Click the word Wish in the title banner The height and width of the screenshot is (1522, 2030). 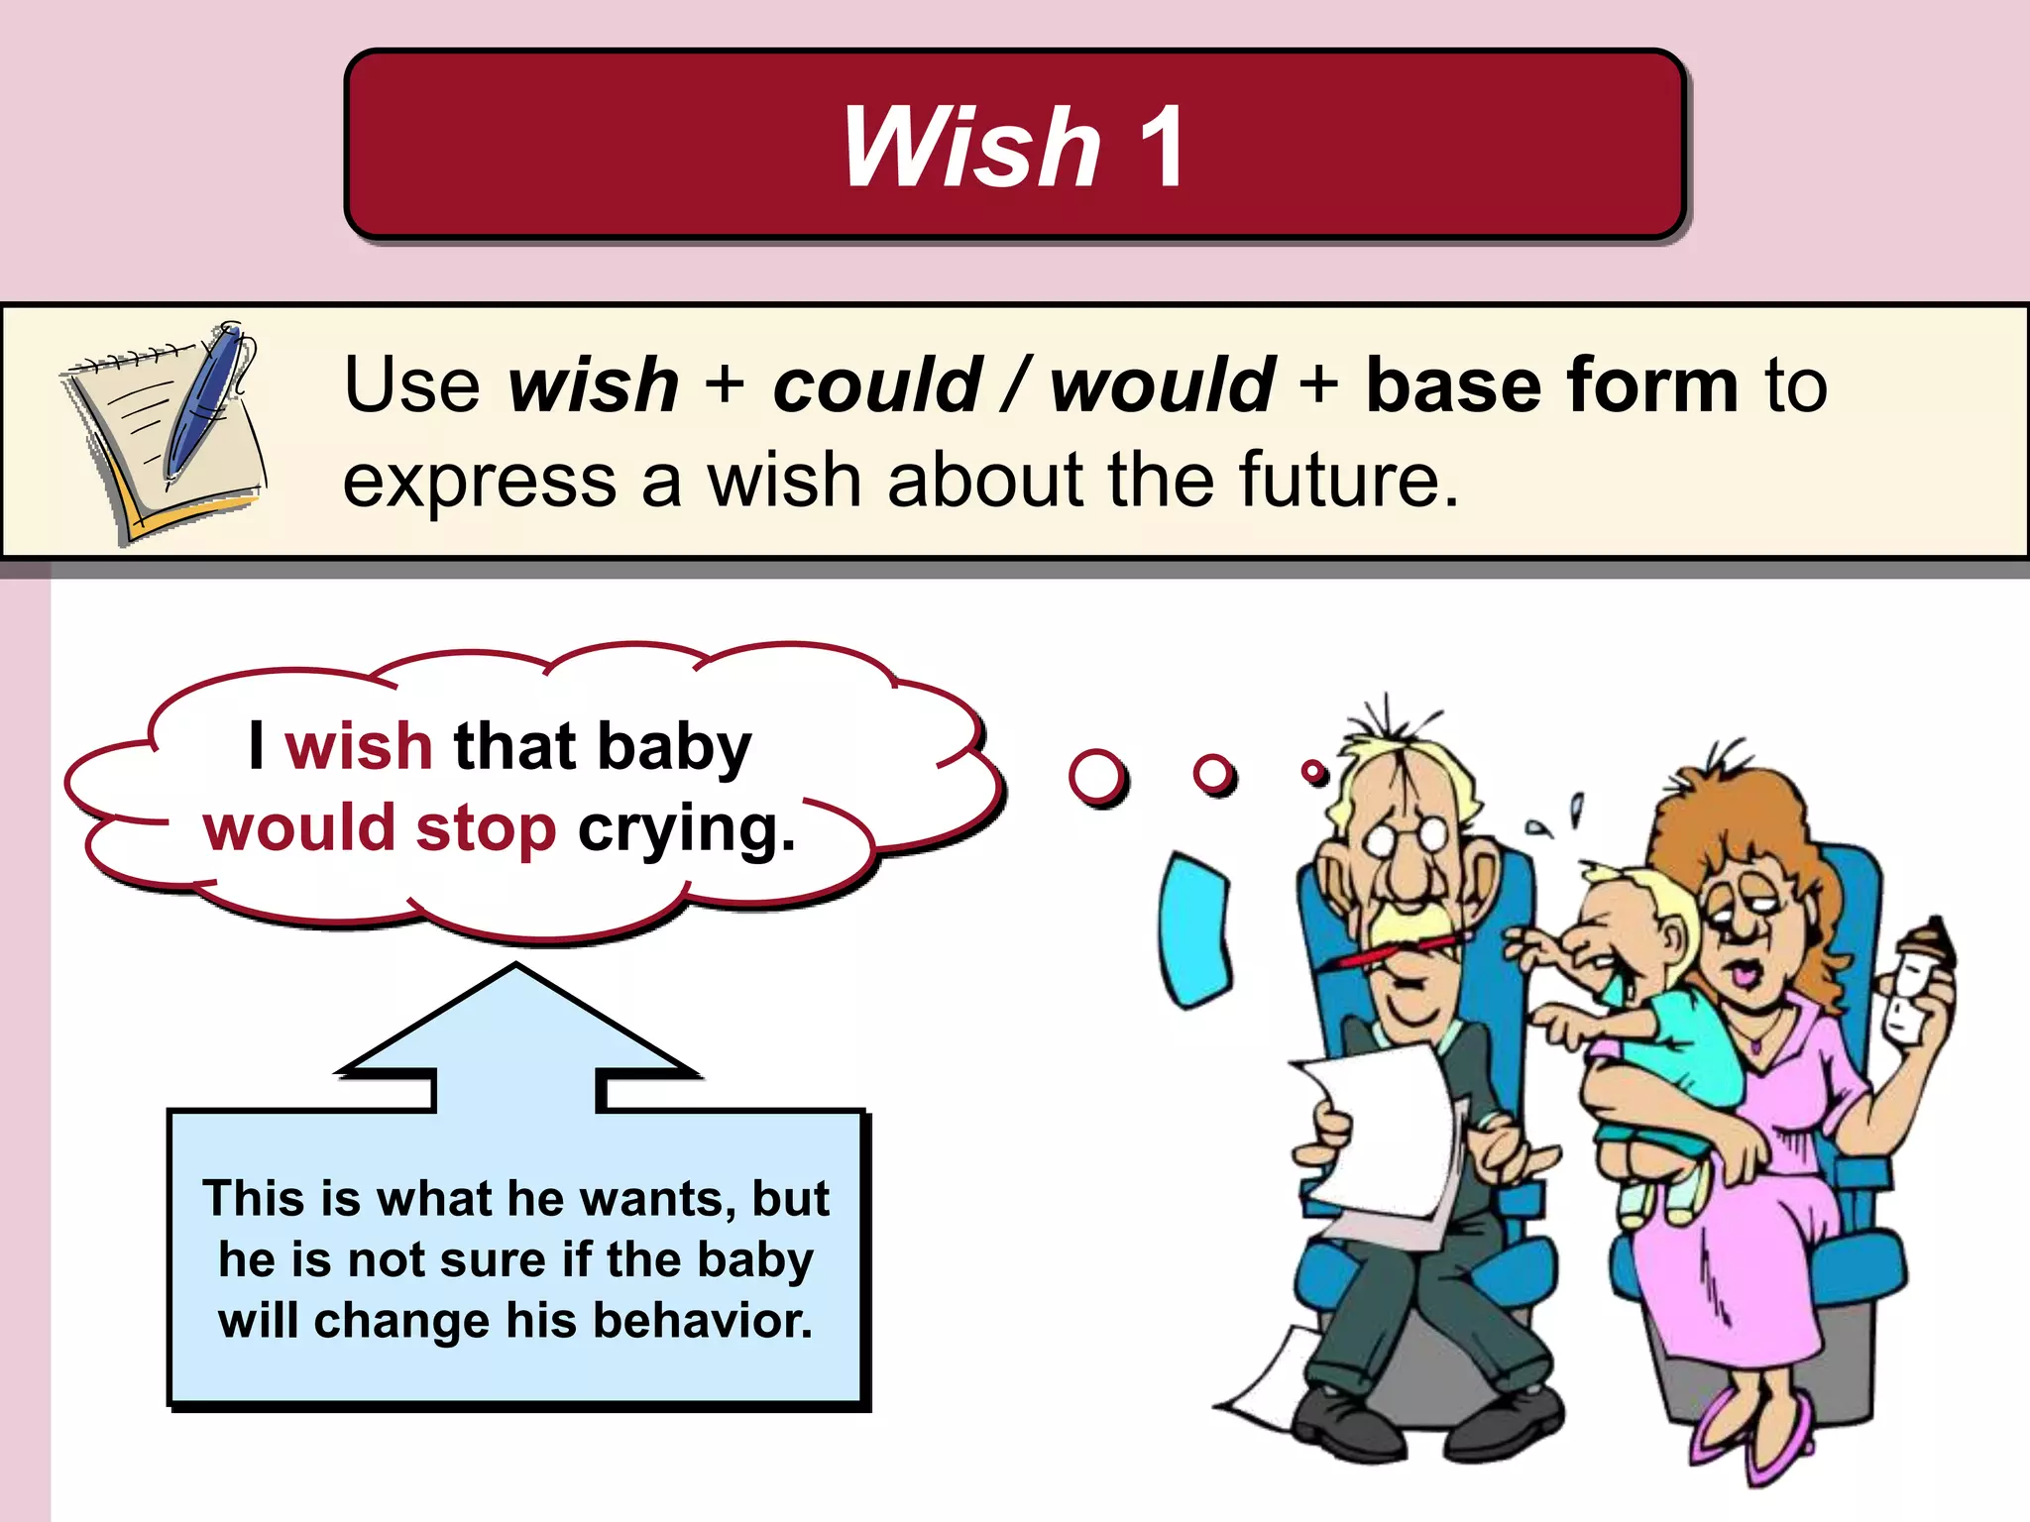coord(970,147)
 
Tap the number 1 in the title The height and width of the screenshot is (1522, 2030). coord(1161,147)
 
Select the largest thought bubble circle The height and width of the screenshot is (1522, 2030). coord(1096,776)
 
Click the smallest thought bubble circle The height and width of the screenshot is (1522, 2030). coord(1313,770)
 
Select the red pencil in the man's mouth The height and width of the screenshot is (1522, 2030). coord(1398,950)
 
